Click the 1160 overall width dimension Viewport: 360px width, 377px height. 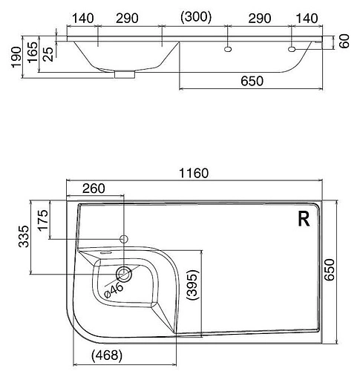pyautogui.click(x=194, y=173)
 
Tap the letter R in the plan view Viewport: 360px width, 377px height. pyautogui.click(x=304, y=220)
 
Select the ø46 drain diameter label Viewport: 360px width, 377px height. pyautogui.click(x=114, y=290)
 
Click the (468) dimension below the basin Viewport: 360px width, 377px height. pyautogui.click(x=107, y=356)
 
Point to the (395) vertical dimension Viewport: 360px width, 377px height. pyautogui.click(x=193, y=284)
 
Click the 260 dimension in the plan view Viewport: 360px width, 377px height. pyautogui.click(x=94, y=188)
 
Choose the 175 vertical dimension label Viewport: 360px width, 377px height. pyautogui.click(x=43, y=220)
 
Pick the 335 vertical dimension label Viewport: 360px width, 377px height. pyautogui.click(x=24, y=237)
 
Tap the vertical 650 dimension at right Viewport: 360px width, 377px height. pyautogui.click(x=330, y=270)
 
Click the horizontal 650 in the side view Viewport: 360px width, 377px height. pyautogui.click(x=252, y=81)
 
